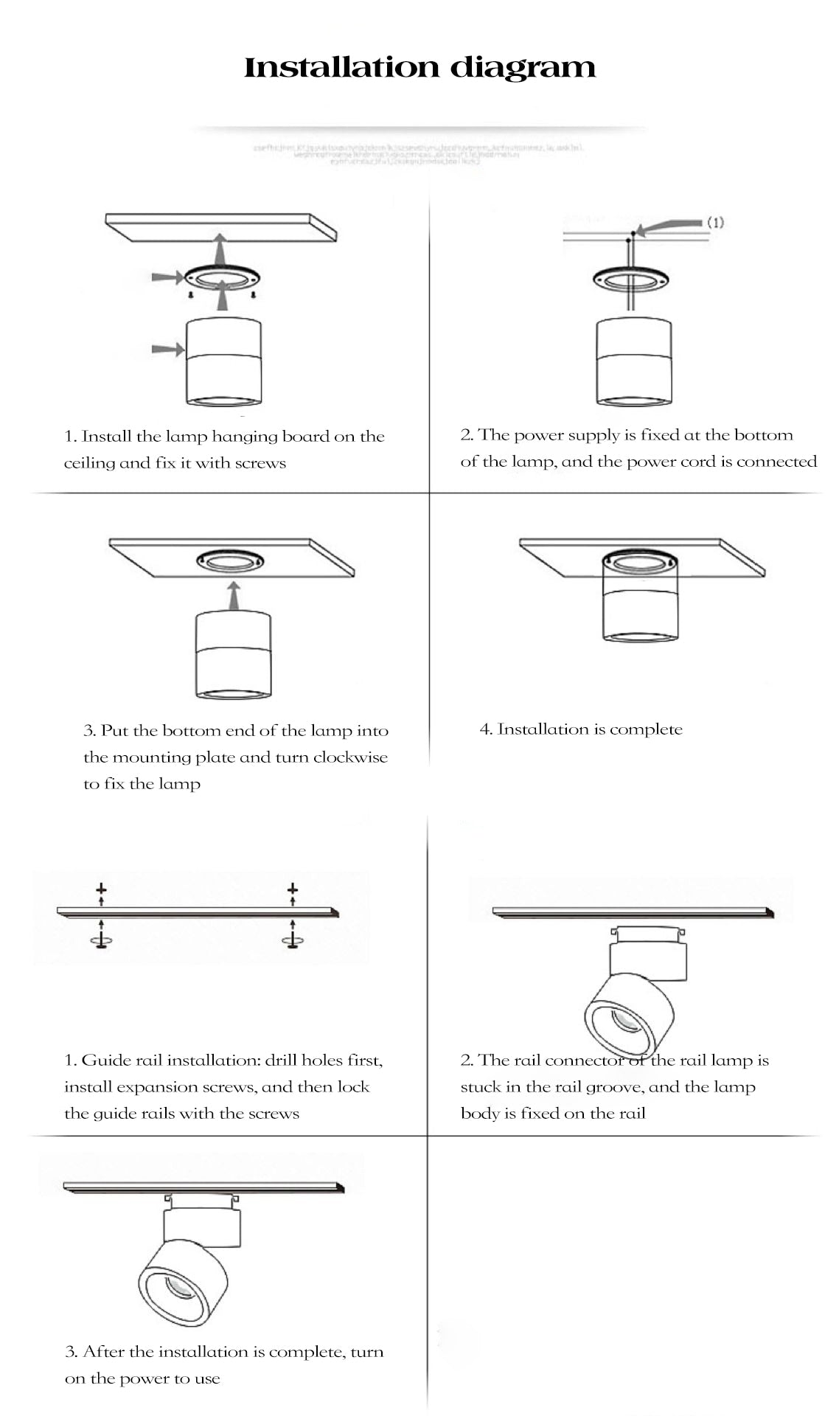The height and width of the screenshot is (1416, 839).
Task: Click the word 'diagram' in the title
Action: (522, 68)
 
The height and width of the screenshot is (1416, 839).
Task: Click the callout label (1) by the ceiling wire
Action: (715, 222)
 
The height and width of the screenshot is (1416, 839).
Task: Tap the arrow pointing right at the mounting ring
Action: (167, 277)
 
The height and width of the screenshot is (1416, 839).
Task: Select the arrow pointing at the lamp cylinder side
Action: (167, 349)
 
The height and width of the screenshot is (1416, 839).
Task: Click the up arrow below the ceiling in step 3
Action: (234, 594)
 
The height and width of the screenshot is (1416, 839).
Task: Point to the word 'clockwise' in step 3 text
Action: (350, 757)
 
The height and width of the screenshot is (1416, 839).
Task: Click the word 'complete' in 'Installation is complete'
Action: (646, 729)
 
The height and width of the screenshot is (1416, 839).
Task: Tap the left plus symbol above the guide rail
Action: (101, 889)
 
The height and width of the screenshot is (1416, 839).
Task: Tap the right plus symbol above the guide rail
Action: (293, 889)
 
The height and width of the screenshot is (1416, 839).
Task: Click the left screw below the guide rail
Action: (101, 940)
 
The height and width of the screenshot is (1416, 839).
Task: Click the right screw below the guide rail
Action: (293, 940)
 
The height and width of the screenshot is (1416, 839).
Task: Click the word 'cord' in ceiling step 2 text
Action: (697, 462)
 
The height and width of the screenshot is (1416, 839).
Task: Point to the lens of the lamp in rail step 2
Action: (623, 1021)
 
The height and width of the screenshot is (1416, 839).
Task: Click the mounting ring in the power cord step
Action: (630, 279)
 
